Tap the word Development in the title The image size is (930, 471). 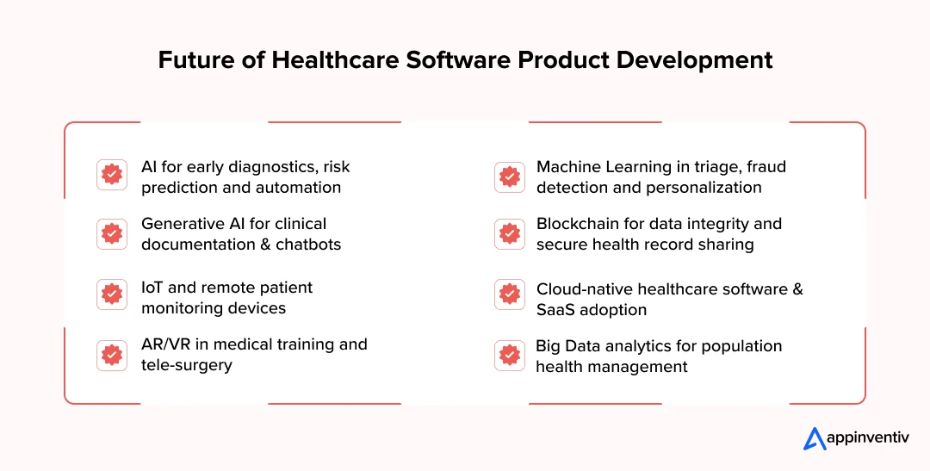point(695,61)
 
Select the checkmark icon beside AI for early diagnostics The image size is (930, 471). point(111,175)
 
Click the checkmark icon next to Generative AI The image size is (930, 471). point(111,233)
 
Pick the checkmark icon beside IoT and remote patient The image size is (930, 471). point(111,294)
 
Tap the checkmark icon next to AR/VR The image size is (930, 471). point(111,355)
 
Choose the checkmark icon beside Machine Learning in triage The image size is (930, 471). point(510,177)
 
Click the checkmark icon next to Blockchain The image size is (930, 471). point(510,233)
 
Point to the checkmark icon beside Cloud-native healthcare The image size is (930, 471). point(510,294)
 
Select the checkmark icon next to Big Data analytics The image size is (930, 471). point(510,355)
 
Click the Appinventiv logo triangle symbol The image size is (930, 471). point(815,439)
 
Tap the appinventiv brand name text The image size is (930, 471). point(868,438)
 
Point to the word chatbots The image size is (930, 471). point(308,245)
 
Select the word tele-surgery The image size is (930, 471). point(186,365)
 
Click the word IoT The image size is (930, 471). point(152,288)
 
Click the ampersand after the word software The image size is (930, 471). point(797,289)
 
